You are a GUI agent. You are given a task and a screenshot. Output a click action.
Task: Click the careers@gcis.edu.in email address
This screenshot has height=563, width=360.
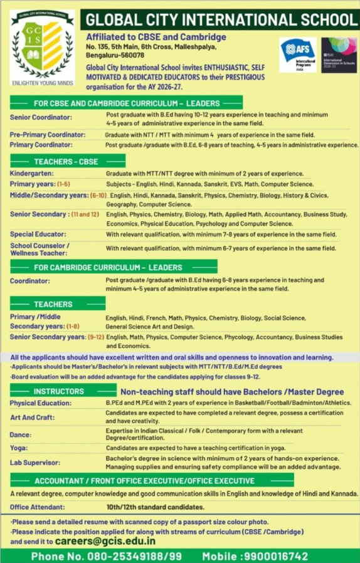click(105, 540)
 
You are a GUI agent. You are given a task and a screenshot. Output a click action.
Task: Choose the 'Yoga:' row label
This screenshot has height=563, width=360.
click(19, 448)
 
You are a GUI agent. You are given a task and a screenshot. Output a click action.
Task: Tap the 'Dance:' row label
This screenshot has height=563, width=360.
click(21, 434)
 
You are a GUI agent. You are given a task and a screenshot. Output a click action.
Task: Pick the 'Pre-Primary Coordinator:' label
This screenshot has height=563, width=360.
click(48, 135)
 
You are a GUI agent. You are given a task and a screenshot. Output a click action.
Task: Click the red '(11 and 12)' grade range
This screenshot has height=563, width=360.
click(85, 214)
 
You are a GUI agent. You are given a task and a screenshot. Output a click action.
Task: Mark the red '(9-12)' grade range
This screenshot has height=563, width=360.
click(95, 337)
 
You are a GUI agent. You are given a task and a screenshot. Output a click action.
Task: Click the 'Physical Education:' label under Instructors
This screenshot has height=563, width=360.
click(41, 403)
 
